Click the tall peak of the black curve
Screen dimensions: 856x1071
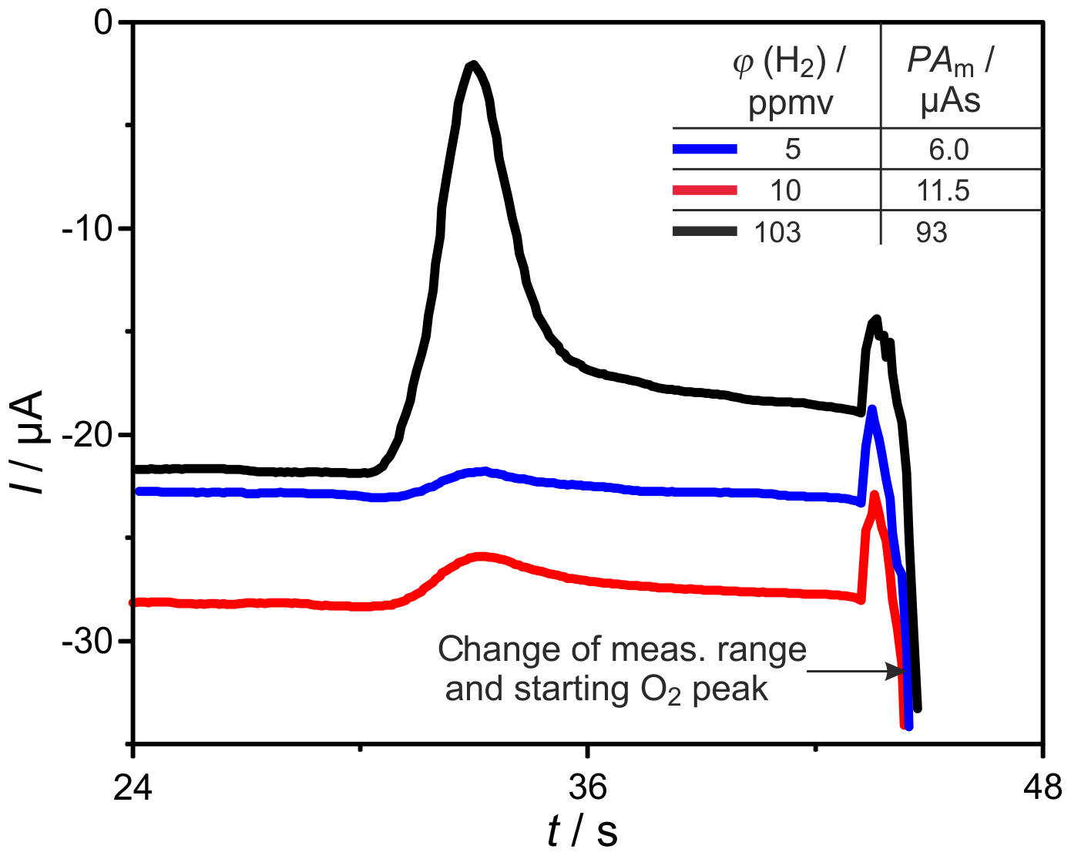pos(473,66)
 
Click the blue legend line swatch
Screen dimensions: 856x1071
pos(705,149)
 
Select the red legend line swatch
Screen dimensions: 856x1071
pos(705,190)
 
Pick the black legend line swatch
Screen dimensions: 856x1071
pos(705,231)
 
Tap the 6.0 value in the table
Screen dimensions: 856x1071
pos(948,150)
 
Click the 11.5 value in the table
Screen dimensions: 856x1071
pos(943,190)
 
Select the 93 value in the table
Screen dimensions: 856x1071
pos(932,232)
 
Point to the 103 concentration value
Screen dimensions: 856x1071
pos(777,232)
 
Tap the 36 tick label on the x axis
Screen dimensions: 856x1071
pos(588,787)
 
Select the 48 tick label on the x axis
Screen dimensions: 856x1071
pos(1042,787)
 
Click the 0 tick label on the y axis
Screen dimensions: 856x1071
pos(103,23)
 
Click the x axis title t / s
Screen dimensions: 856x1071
pos(583,832)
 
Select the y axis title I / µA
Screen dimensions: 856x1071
pos(29,442)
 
